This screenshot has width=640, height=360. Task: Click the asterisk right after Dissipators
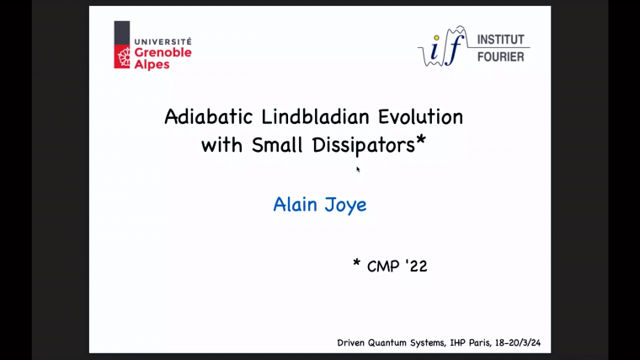point(421,141)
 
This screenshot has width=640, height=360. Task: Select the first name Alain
point(295,204)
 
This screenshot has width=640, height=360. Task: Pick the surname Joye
point(345,205)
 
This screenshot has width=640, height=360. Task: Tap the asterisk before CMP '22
point(357,264)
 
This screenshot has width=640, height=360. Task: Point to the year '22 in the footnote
point(416,266)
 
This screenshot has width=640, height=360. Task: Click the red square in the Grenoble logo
point(122,55)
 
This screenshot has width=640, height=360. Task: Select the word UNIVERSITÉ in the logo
point(163,40)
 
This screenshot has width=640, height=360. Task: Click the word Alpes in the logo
point(152,64)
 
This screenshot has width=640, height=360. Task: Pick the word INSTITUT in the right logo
point(500,40)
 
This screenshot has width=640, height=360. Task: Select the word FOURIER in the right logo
point(500,56)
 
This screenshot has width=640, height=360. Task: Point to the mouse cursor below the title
point(358,169)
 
